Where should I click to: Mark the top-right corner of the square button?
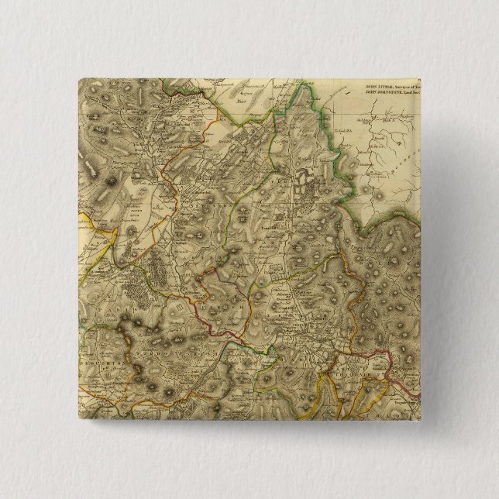click(x=422, y=77)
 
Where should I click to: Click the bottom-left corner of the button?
click(x=78, y=423)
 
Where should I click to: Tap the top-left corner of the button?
click(x=78, y=77)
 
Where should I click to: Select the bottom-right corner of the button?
click(x=422, y=423)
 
